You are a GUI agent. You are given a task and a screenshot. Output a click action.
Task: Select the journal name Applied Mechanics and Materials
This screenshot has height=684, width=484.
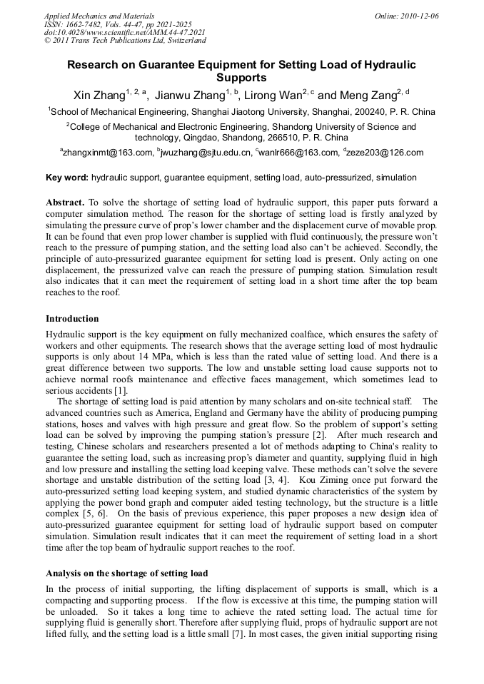[99, 16]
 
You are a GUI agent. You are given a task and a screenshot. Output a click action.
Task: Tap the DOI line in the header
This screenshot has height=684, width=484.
[125, 32]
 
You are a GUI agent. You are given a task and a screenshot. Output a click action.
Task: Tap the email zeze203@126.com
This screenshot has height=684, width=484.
[385, 153]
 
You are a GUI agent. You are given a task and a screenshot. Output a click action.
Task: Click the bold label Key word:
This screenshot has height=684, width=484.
[67, 178]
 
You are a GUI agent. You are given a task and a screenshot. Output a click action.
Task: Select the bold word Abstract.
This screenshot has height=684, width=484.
[65, 203]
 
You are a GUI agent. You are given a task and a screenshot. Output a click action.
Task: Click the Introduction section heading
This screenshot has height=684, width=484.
[72, 319]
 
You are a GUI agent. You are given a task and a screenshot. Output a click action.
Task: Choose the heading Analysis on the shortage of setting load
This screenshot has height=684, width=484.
[127, 573]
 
